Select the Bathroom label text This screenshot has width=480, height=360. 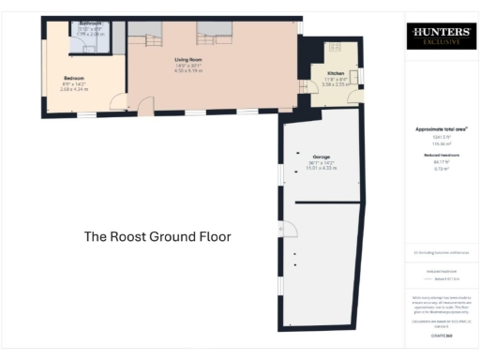[x=91, y=22]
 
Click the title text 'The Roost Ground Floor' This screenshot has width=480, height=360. [x=157, y=237]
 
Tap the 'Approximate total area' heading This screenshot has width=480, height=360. [x=441, y=128]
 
